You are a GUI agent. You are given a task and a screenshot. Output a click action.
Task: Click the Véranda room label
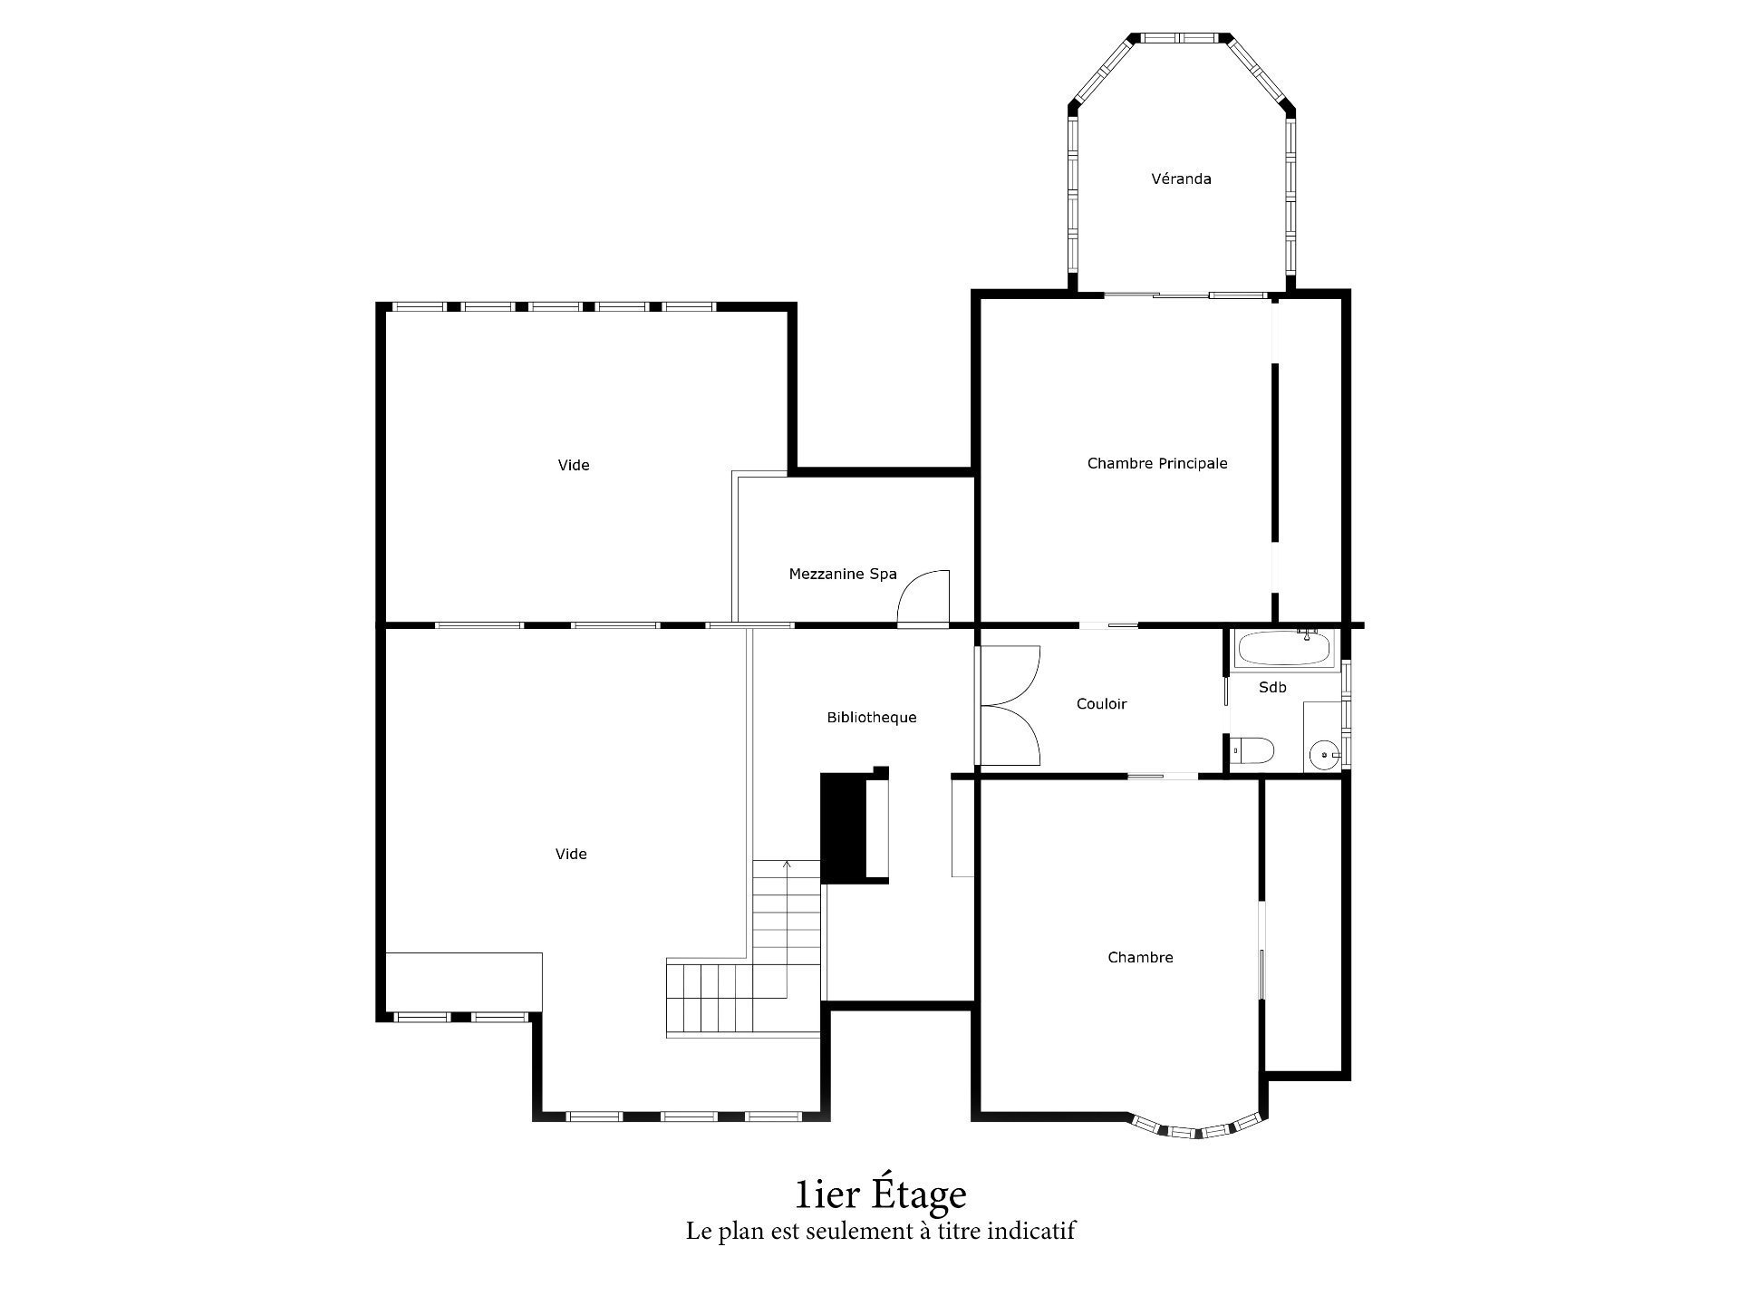(1181, 179)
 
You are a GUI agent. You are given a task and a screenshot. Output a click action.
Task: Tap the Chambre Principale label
(1157, 464)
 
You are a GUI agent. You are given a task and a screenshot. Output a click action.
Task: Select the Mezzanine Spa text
(843, 575)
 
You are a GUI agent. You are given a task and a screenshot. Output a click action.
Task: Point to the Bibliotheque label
(871, 718)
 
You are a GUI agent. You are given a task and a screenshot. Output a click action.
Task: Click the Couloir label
(1101, 704)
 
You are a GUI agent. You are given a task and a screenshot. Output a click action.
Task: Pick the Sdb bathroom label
(1272, 688)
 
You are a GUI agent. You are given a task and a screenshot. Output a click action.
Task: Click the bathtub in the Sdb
(1284, 650)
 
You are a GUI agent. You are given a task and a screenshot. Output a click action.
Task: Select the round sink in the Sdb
(1325, 753)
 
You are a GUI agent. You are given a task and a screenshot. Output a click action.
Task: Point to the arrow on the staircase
(787, 865)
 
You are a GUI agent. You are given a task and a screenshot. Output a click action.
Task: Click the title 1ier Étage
(880, 1194)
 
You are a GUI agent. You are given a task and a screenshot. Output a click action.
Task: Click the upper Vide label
(574, 466)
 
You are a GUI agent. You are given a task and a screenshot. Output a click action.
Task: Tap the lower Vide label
(571, 855)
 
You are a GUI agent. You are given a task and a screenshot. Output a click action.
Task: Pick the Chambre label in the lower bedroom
(1140, 958)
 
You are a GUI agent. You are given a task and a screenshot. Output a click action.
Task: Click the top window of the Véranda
(1182, 38)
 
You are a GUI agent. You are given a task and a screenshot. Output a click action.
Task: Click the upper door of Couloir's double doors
(1010, 675)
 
